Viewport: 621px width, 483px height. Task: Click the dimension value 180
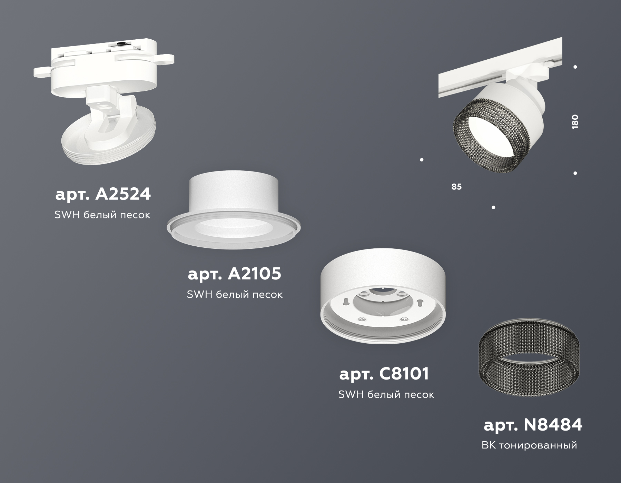[x=575, y=122]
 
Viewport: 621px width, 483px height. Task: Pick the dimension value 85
[x=456, y=187]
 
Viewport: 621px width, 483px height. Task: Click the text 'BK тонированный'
[x=529, y=445]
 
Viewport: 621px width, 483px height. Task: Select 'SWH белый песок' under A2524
[x=102, y=215]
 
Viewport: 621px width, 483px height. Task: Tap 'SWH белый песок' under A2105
[x=235, y=295]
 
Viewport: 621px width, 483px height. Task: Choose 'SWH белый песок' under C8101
[x=386, y=395]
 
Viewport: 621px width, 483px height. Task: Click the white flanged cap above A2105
[x=234, y=210]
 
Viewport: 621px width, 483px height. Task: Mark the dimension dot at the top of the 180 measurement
[x=575, y=67]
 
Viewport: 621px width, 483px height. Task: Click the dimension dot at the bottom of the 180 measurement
[x=575, y=173]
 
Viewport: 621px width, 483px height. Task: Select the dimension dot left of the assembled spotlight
[x=422, y=160]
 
